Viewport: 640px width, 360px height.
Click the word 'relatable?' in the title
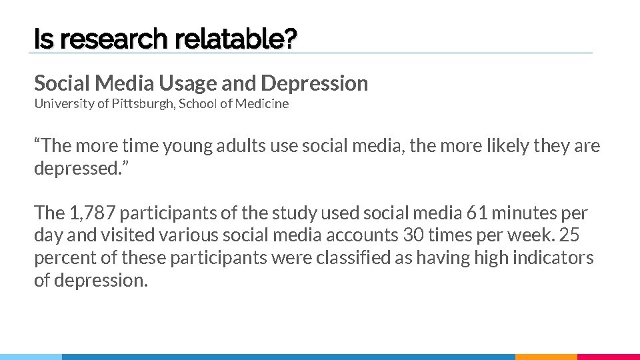235,41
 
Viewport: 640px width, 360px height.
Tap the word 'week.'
533,236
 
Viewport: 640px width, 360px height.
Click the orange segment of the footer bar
546,357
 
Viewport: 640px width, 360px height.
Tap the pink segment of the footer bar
608,357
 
